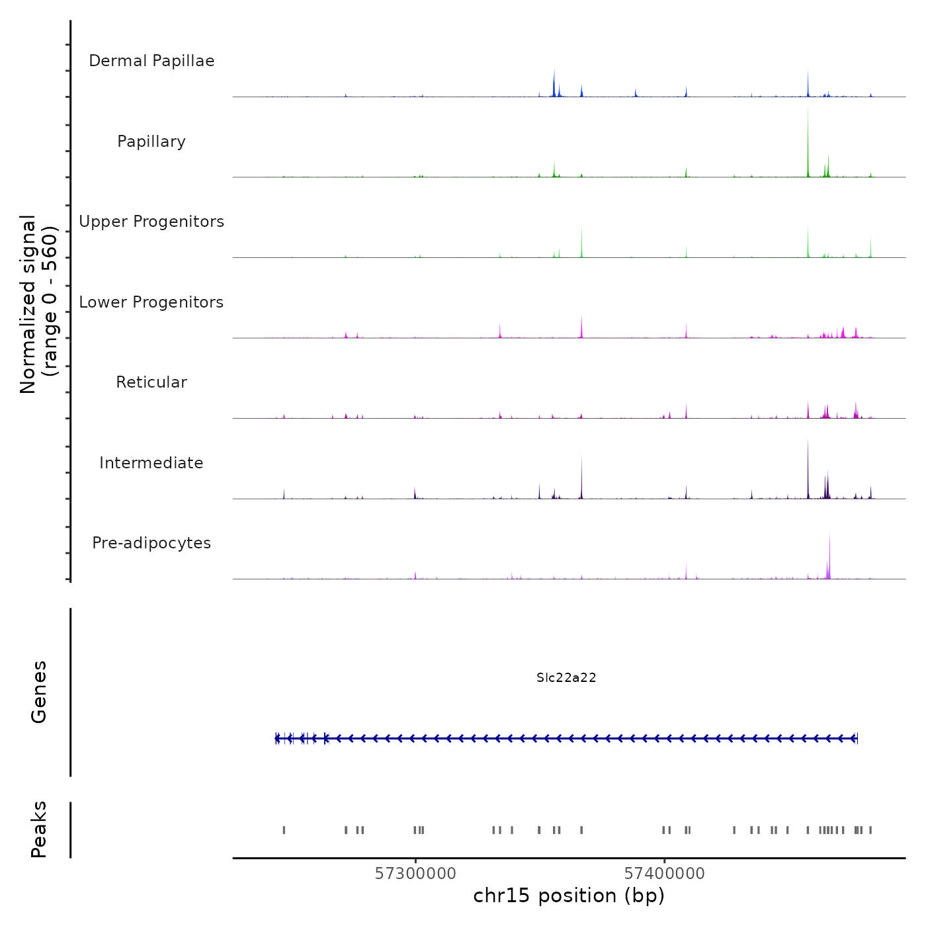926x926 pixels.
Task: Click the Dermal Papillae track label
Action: pos(151,61)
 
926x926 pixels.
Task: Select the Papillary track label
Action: pos(151,142)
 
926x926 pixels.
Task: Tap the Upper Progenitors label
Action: pos(151,222)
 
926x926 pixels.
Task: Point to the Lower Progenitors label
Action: pos(151,302)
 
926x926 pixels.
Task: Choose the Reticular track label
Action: pos(151,382)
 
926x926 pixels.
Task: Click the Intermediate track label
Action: pos(151,463)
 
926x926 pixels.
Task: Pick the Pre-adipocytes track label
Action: pos(151,543)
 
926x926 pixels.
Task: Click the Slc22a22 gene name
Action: pos(566,678)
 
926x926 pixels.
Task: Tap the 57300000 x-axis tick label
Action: pos(415,874)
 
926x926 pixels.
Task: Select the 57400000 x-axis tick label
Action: pos(665,874)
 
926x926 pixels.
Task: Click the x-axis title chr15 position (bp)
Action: pos(569,896)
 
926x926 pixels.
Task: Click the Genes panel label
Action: pos(39,692)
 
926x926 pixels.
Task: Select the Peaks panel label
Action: pos(39,829)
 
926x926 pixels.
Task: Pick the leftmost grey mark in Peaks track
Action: pos(284,830)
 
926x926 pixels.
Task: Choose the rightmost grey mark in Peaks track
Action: pos(870,830)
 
